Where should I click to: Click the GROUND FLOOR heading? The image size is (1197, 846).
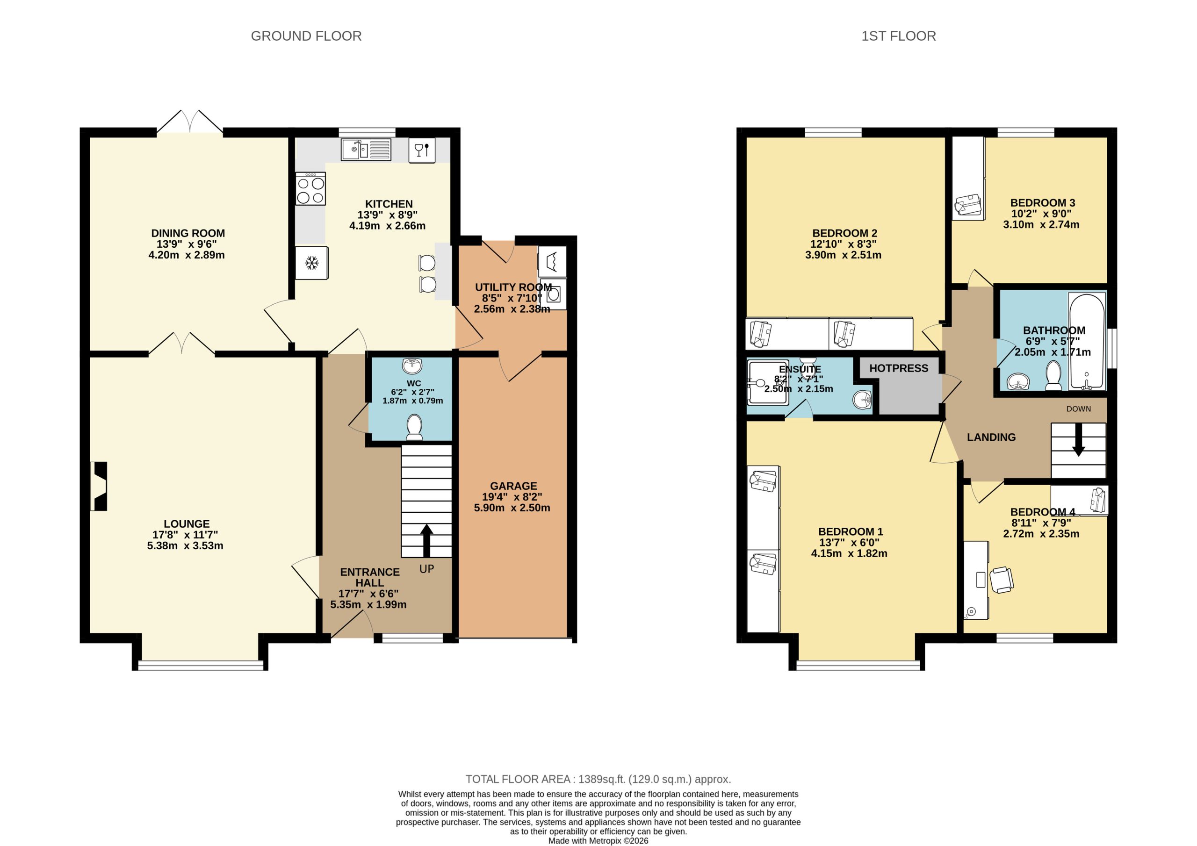point(306,36)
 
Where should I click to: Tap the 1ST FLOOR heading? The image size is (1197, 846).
point(898,36)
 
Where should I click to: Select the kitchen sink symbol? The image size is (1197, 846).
point(366,150)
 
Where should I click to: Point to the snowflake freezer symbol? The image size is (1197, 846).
point(312,263)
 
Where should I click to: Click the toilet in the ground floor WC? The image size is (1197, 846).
point(414,427)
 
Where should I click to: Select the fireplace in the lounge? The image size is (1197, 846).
point(99,486)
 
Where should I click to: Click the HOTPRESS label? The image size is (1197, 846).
point(898,368)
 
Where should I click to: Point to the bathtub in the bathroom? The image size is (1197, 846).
point(1087,341)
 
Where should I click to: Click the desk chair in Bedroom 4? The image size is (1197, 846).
point(1002,580)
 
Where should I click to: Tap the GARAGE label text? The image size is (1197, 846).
point(513,485)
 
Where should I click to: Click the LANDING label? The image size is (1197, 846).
point(991,437)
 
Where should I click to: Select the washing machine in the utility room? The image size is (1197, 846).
point(553,294)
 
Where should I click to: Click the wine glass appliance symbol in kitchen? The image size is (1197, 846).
point(422,150)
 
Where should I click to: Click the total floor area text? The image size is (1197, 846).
point(598,779)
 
